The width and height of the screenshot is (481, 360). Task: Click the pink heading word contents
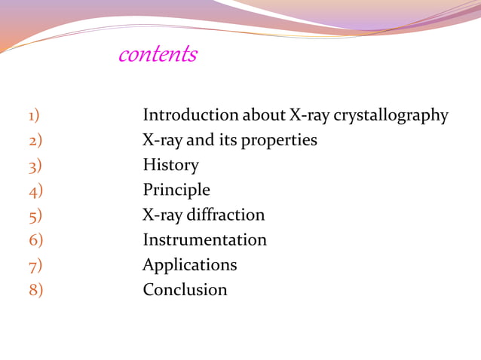(158, 55)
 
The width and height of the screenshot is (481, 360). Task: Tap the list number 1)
(34, 115)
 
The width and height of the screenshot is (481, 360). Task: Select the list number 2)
(35, 140)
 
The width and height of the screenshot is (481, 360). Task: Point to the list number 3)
(35, 165)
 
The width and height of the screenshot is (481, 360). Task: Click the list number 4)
(35, 190)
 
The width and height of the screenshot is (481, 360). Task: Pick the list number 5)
(35, 215)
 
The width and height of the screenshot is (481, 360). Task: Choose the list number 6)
(35, 239)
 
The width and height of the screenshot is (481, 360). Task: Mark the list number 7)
(35, 264)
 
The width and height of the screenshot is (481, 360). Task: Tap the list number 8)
(35, 289)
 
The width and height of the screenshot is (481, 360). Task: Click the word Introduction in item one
(190, 115)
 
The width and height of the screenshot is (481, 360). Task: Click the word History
(171, 165)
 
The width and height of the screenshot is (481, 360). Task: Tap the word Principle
(176, 190)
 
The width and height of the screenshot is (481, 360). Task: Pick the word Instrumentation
(205, 239)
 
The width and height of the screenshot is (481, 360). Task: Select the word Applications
(190, 265)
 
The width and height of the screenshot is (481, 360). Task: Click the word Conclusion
(185, 289)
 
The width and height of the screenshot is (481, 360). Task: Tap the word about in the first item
(263, 115)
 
